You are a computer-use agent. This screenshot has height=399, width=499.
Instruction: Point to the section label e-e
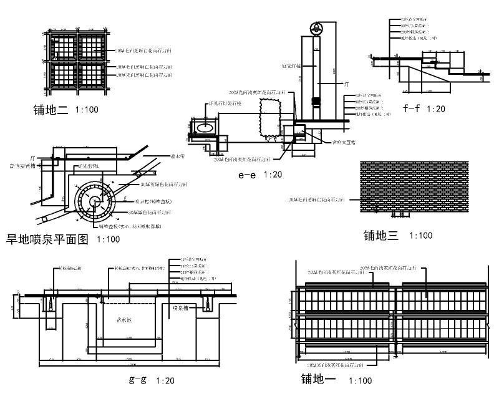coord(247,175)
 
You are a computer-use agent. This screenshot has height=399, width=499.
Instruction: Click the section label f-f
coord(411,108)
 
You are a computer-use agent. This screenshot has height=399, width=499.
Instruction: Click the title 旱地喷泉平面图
coord(47,238)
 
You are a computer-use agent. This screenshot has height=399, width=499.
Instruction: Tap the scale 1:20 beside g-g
coord(165,380)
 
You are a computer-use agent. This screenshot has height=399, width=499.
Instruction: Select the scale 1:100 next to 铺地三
coord(420,236)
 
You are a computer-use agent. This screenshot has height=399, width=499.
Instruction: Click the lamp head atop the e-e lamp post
coord(316,28)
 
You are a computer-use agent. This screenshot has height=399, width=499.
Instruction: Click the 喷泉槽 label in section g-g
coord(181,307)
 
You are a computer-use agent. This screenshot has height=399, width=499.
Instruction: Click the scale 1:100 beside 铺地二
coord(86,110)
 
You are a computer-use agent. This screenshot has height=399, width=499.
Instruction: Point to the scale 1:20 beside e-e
coord(273,175)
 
